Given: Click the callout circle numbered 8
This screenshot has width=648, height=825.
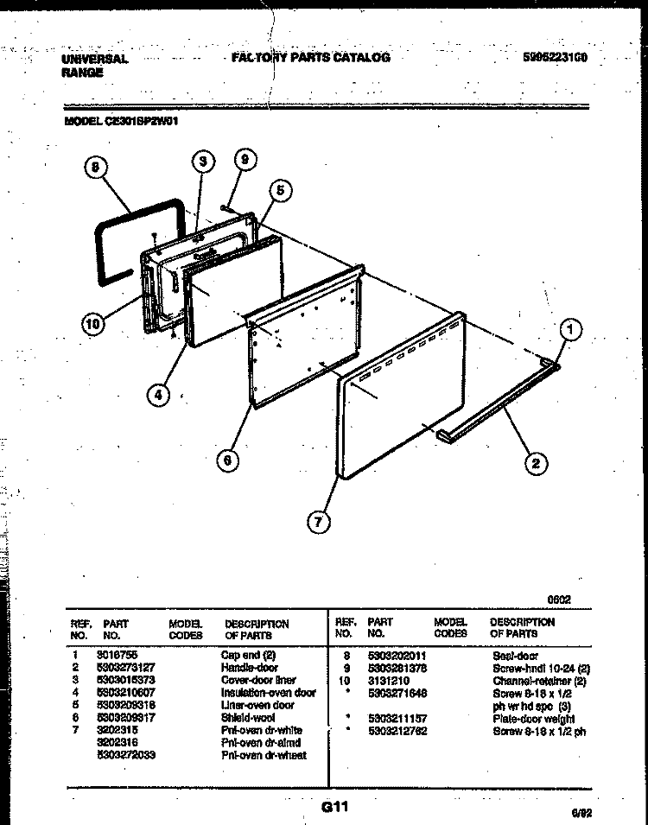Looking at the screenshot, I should click(x=96, y=169).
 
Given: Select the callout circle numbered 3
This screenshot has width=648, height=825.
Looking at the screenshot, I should click(x=202, y=162).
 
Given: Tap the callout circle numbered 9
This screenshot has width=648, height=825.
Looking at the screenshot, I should click(x=245, y=161).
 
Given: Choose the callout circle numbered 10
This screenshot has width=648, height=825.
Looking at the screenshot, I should click(x=92, y=324).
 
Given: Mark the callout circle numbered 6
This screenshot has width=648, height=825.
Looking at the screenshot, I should click(x=227, y=461).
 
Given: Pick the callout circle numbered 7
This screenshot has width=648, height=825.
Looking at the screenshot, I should click(x=319, y=521).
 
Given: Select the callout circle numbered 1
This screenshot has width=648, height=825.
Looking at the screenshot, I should click(x=569, y=328).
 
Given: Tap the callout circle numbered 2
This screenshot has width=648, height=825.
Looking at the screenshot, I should click(x=535, y=463).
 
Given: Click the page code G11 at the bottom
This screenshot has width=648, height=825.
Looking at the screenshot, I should click(x=334, y=808).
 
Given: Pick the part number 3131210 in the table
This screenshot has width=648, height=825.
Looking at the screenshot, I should click(x=385, y=681).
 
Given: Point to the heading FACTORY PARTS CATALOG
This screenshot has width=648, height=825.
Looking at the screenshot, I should click(x=311, y=58).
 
